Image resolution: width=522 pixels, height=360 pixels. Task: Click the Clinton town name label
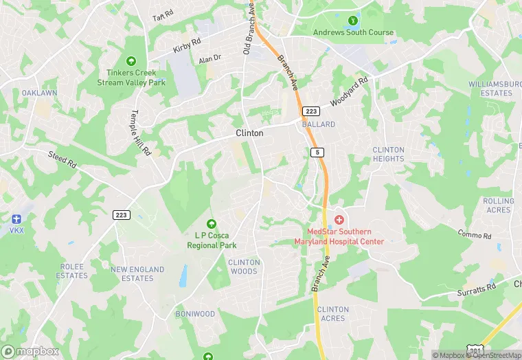pos(249,133)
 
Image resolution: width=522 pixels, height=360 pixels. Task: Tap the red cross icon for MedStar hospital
pos(338,220)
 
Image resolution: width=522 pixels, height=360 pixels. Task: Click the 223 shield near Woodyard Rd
pos(312,111)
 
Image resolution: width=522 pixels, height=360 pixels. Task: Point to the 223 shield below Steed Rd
pos(122,215)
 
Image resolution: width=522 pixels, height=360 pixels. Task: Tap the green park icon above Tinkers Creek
pos(131,62)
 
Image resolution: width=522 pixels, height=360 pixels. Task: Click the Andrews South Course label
pos(353,32)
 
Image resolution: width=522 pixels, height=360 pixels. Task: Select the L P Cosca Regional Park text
pos(212,240)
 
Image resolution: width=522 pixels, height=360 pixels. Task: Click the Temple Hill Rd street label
pos(140,133)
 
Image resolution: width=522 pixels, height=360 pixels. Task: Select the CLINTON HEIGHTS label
pos(388,154)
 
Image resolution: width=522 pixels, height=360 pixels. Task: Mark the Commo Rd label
pos(475,236)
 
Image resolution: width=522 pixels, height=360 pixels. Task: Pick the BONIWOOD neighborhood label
pos(195,314)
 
